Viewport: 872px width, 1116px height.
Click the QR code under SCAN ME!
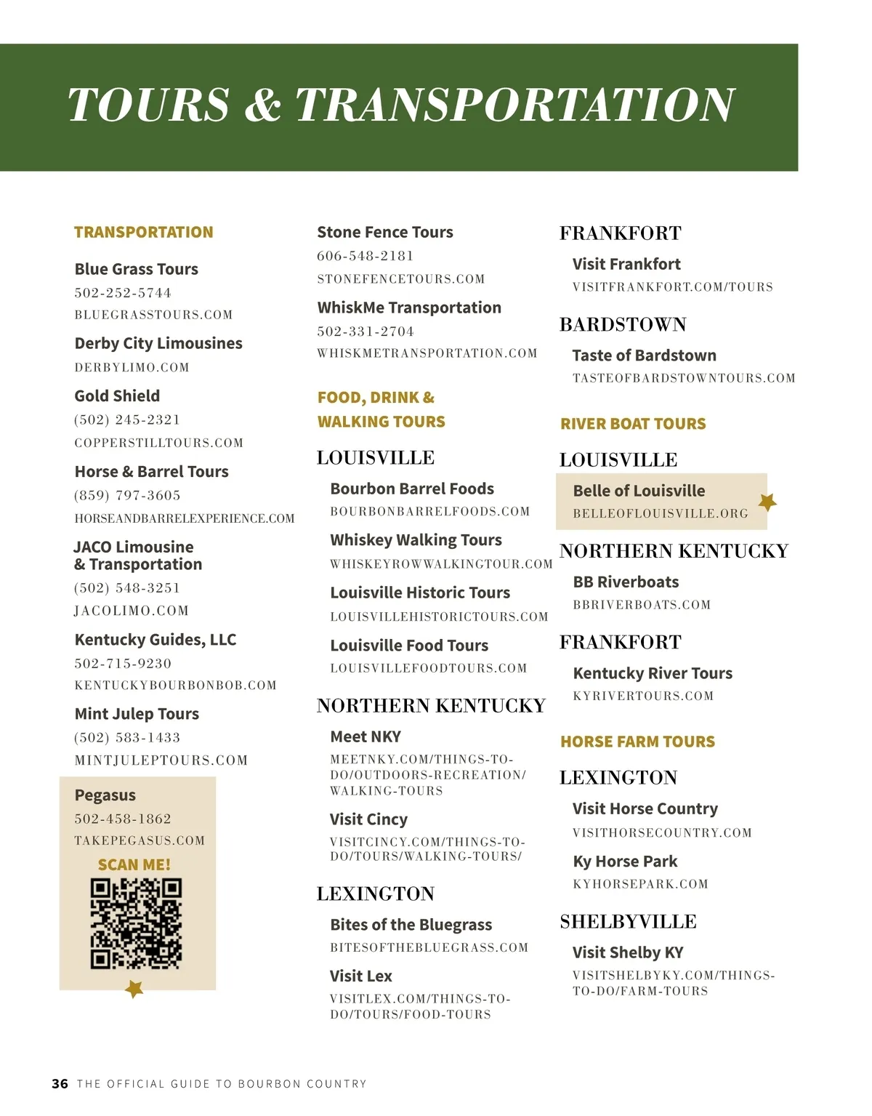[x=136, y=924]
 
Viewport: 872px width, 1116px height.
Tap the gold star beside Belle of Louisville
[x=767, y=502]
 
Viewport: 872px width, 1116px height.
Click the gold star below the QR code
[x=134, y=989]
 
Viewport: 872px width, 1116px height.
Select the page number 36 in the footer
[x=60, y=1083]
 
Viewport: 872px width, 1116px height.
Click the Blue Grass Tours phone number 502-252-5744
[x=123, y=293]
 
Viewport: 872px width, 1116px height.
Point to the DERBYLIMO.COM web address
[x=132, y=368]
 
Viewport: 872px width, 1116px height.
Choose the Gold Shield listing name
[x=117, y=396]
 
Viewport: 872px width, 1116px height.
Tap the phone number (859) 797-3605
[x=127, y=496]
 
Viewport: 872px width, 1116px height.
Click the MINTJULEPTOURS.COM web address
[x=161, y=760]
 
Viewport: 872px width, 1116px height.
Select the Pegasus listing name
[x=105, y=795]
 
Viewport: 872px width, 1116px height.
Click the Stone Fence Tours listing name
[x=385, y=233]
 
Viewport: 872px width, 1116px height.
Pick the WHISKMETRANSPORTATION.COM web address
[x=427, y=353]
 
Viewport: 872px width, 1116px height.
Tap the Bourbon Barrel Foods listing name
[x=412, y=489]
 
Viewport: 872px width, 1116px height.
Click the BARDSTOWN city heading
[x=623, y=325]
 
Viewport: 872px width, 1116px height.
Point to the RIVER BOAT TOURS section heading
[x=633, y=424]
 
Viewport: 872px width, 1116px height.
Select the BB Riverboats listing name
[x=626, y=582]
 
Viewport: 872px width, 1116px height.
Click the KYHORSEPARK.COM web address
[x=640, y=885]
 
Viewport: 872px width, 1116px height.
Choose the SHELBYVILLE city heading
[x=628, y=922]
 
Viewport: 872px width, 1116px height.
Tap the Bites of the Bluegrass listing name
[x=411, y=926]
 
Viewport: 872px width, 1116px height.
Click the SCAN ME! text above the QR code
[x=134, y=865]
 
